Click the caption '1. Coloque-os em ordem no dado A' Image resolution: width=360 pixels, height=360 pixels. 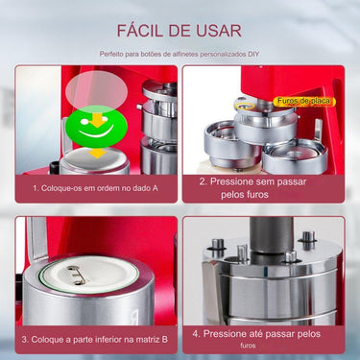[x=95, y=188]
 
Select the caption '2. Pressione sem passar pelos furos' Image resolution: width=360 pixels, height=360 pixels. [x=263, y=186]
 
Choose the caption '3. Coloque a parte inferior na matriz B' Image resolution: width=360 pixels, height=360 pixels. [x=95, y=339]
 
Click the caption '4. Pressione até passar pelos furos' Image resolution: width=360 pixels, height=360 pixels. [x=263, y=337]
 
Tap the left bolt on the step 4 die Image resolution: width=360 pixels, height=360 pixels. [x=218, y=247]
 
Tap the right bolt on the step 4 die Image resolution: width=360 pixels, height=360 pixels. [x=309, y=240]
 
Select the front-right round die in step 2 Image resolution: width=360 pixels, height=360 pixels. [x=296, y=155]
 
